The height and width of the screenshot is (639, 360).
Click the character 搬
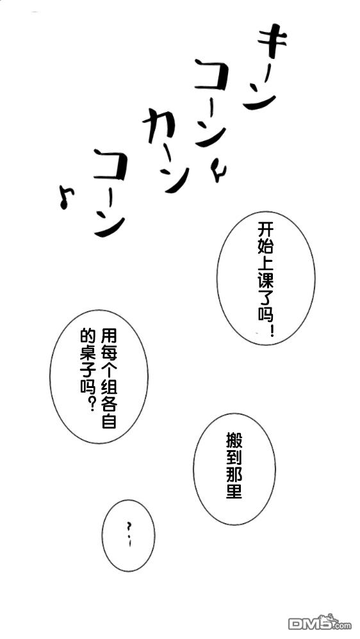tap(234, 441)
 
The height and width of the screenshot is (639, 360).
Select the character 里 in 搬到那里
tap(234, 492)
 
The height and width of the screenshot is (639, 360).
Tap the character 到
tap(234, 458)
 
